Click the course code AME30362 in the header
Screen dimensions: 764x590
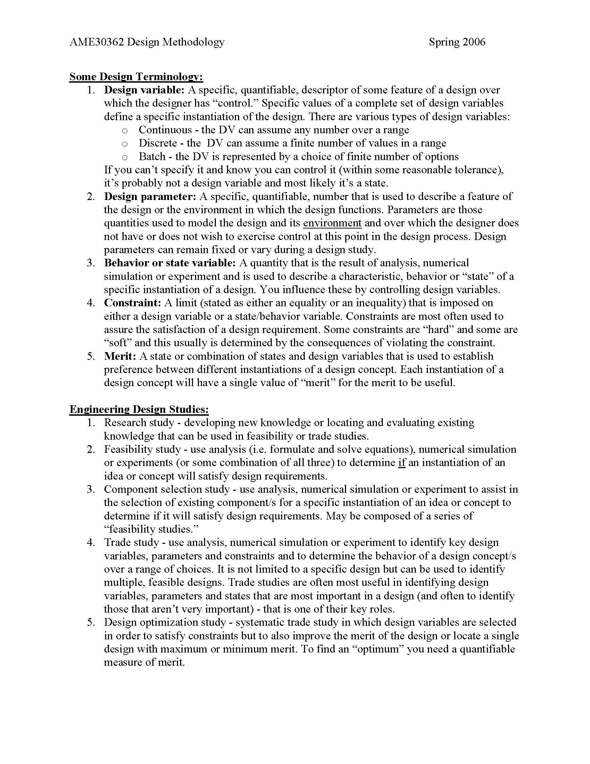97,42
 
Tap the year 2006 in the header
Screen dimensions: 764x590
474,42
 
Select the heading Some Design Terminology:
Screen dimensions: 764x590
136,77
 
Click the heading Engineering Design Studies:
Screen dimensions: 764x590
139,409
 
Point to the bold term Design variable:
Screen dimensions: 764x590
144,90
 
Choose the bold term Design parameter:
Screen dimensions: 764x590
150,197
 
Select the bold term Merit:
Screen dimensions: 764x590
120,356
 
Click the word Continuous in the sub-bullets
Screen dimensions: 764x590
165,130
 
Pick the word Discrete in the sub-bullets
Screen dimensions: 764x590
158,143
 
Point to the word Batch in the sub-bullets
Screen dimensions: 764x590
152,157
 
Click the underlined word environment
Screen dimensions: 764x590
332,223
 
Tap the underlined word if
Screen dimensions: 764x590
402,463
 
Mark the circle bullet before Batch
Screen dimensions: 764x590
125,157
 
